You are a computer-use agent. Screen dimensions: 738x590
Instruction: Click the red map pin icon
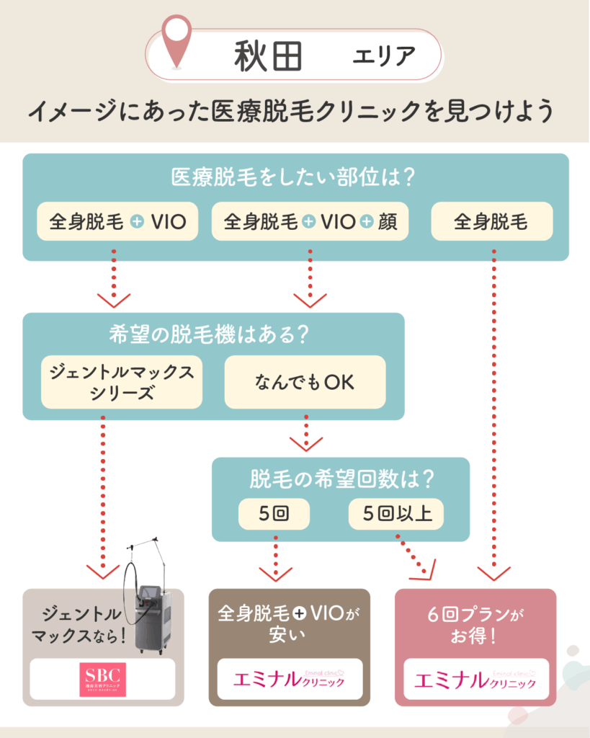click(x=176, y=42)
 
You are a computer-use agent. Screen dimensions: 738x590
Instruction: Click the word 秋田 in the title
click(x=267, y=57)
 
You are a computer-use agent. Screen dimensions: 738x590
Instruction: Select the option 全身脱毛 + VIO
click(x=117, y=221)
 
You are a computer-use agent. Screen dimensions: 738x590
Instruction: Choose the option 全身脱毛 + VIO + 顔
click(x=310, y=221)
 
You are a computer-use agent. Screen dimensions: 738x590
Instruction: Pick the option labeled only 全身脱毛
click(x=491, y=221)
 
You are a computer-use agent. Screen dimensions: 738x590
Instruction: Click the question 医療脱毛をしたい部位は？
click(x=295, y=177)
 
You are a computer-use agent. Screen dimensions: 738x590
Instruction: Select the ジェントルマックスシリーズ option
click(x=121, y=382)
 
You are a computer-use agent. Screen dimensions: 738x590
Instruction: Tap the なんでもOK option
click(x=305, y=383)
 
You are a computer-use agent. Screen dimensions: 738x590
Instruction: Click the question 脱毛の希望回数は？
click(x=340, y=479)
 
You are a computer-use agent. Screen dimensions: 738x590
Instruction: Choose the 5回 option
click(x=274, y=514)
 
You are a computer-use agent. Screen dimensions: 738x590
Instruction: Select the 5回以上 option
click(x=395, y=514)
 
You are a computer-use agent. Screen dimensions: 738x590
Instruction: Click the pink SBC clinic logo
click(x=102, y=679)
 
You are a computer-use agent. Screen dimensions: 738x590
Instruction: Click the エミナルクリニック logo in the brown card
click(x=290, y=678)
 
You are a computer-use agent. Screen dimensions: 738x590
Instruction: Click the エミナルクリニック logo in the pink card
click(x=475, y=678)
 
